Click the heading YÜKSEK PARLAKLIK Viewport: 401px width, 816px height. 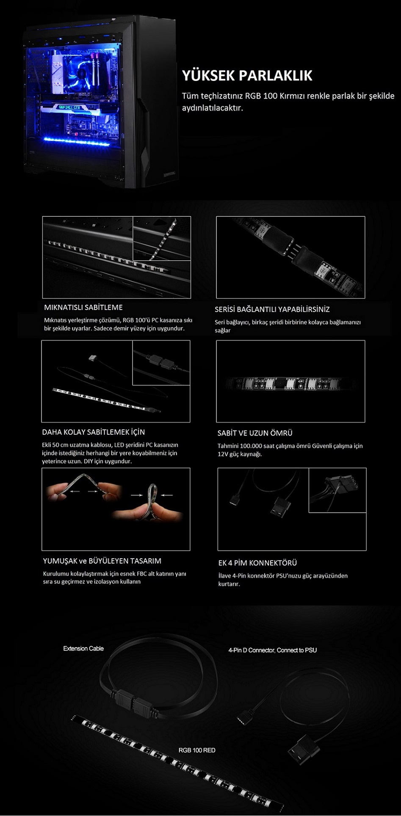pyautogui.click(x=247, y=75)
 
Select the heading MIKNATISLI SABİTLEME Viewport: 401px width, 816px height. pyautogui.click(x=83, y=307)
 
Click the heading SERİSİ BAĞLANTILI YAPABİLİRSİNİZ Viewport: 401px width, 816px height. pyautogui.click(x=272, y=309)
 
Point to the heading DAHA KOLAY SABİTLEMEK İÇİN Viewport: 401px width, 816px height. pyautogui.click(x=94, y=432)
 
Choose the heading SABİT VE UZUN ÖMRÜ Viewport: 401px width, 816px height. pyautogui.click(x=255, y=433)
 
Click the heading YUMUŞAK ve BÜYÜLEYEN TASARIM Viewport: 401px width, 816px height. pyautogui.click(x=102, y=561)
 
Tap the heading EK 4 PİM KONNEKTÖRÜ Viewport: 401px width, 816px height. pyautogui.click(x=257, y=563)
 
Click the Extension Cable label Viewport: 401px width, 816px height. pyautogui.click(x=83, y=648)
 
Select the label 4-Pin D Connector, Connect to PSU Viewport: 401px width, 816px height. pyautogui.click(x=273, y=650)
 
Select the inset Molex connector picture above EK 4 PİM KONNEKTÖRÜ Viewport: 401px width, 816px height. pyautogui.click(x=337, y=491)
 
